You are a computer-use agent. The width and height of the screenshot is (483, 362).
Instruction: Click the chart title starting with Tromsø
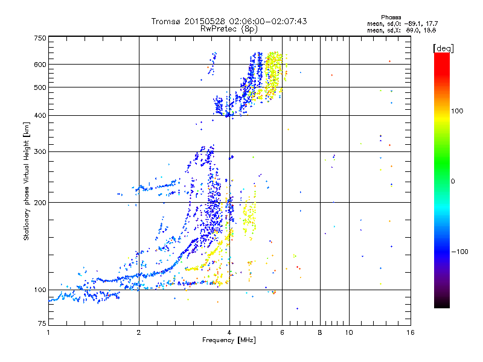coord(229,21)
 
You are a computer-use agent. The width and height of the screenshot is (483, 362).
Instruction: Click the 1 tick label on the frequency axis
coord(48,332)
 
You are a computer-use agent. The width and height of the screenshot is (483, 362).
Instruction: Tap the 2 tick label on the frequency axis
coord(139,332)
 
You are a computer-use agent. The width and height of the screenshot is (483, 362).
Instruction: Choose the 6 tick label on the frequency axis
coord(283,332)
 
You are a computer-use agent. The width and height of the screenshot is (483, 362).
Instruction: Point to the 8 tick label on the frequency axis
coord(320,332)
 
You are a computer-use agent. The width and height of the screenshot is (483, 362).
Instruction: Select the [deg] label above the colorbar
coord(444,48)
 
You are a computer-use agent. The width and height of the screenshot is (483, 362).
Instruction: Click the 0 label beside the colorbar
coord(453,181)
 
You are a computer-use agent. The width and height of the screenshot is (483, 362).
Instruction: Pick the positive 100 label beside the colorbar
coord(458,111)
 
